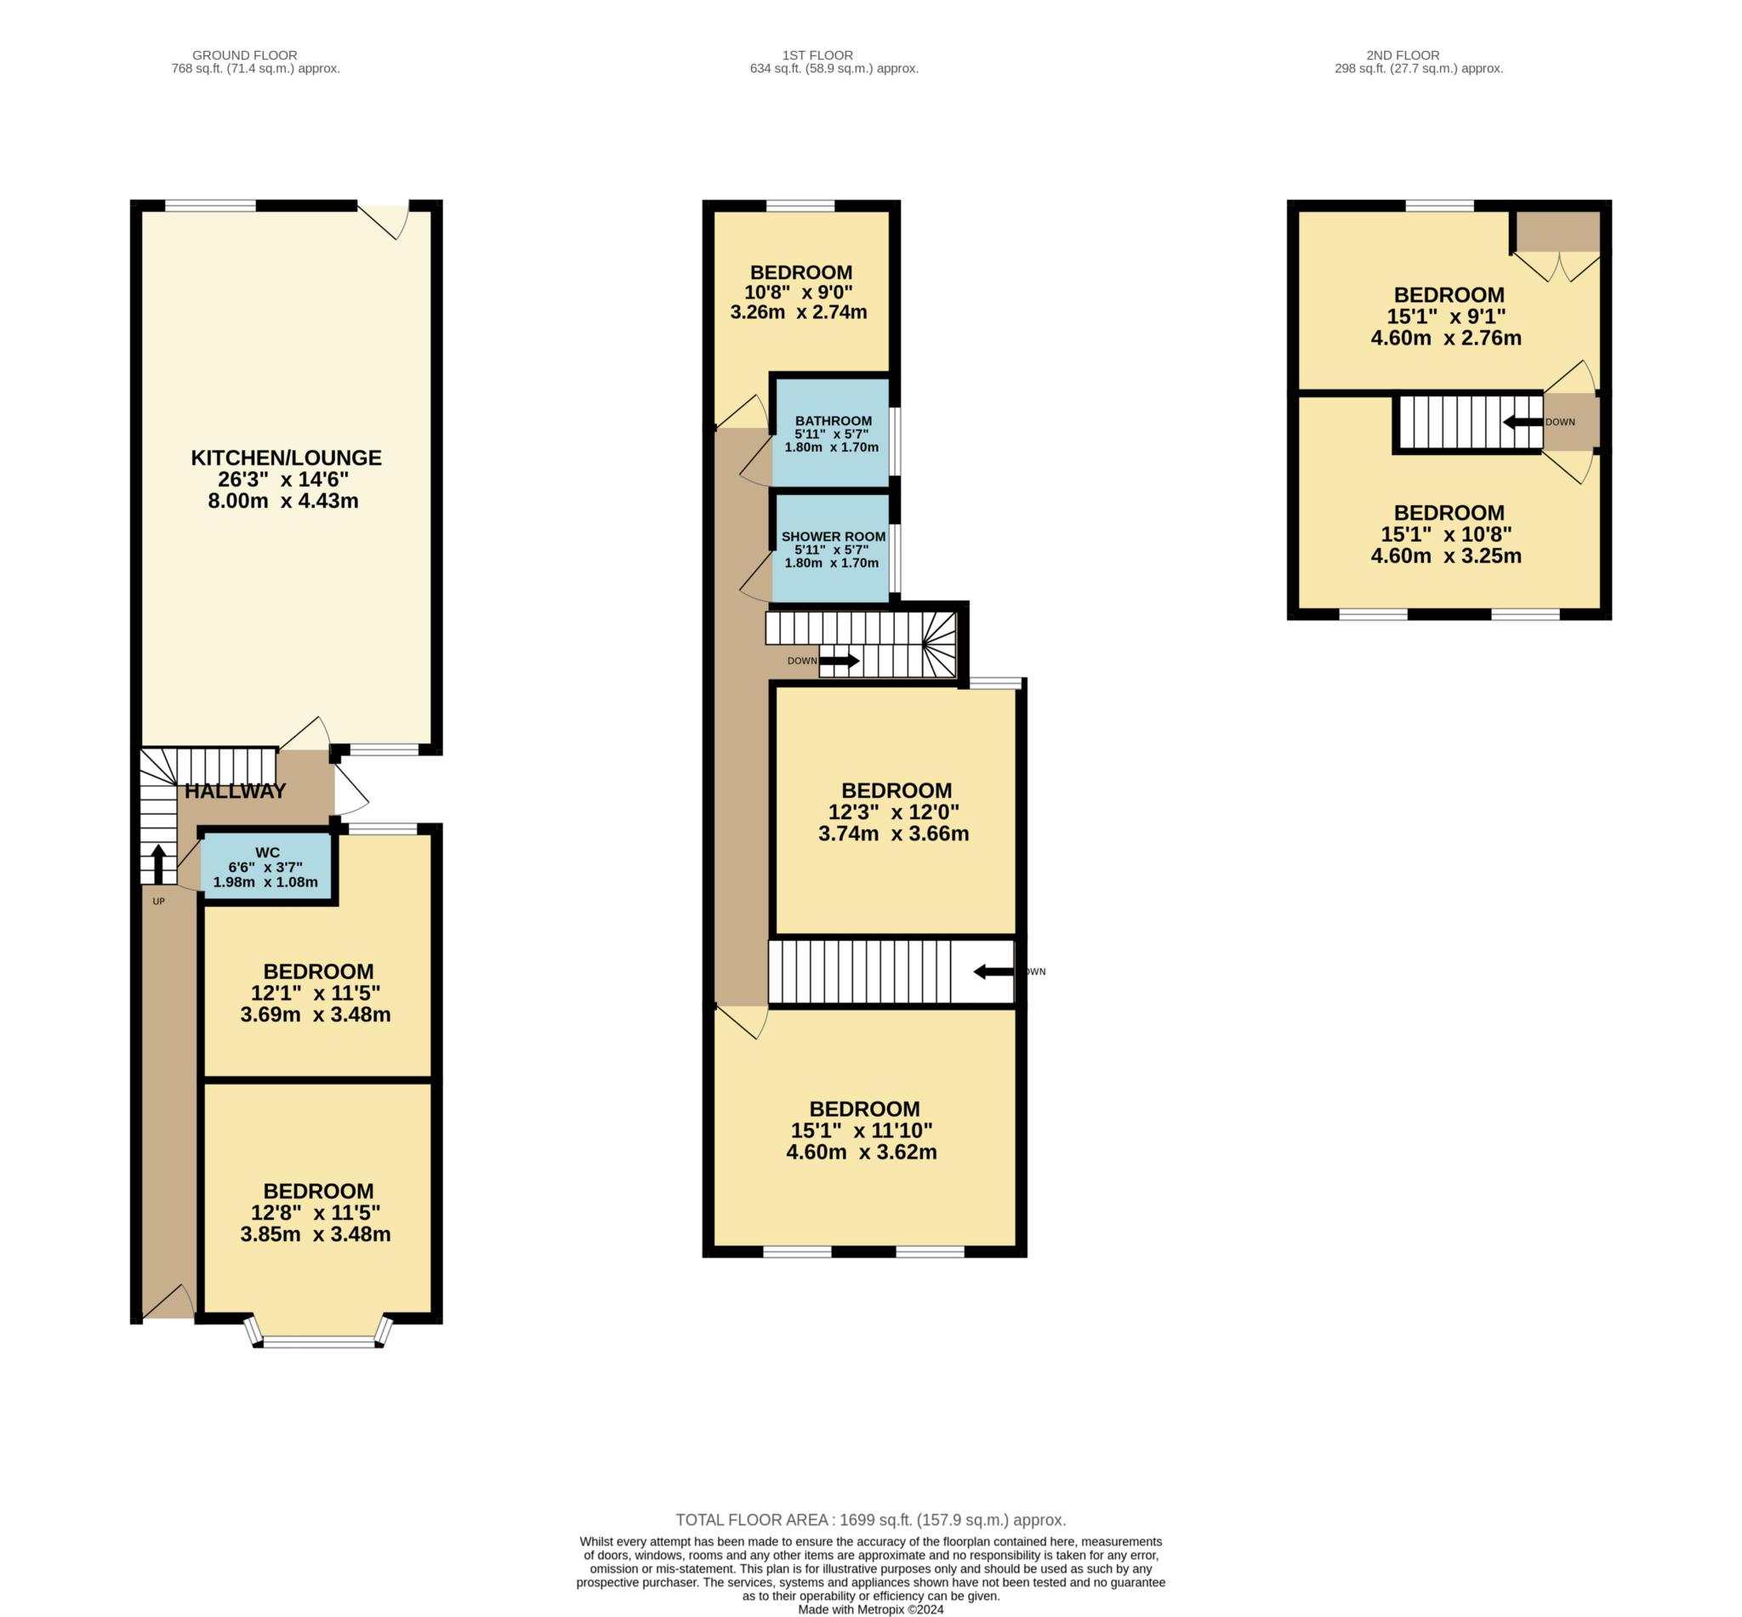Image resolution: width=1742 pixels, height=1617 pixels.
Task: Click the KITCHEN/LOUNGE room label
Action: point(286,458)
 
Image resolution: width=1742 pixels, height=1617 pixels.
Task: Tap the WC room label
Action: point(267,852)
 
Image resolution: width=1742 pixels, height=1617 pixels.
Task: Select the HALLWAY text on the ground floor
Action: point(236,791)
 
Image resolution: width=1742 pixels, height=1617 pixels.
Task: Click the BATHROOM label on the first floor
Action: point(833,421)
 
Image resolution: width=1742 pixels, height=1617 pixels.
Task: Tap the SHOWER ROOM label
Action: point(833,537)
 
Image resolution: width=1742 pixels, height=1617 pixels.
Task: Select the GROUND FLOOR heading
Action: point(245,55)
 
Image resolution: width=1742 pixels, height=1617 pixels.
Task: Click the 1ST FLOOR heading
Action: point(817,55)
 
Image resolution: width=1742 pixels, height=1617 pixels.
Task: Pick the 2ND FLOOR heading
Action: point(1403,55)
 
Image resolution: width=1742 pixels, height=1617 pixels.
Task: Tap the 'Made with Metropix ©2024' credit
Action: point(870,1609)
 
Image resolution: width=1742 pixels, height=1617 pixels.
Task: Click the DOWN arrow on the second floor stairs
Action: point(1523,422)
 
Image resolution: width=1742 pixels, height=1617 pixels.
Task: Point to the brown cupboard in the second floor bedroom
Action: point(1557,231)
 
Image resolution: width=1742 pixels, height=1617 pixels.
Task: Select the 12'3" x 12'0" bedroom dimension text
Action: point(893,812)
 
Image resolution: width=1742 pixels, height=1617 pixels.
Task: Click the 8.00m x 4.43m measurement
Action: point(283,501)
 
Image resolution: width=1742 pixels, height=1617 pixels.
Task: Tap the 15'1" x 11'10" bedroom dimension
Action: point(862,1130)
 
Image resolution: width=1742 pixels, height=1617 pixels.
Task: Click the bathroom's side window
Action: point(895,441)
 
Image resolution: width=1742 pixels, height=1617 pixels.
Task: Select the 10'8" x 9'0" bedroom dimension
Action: point(799,293)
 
